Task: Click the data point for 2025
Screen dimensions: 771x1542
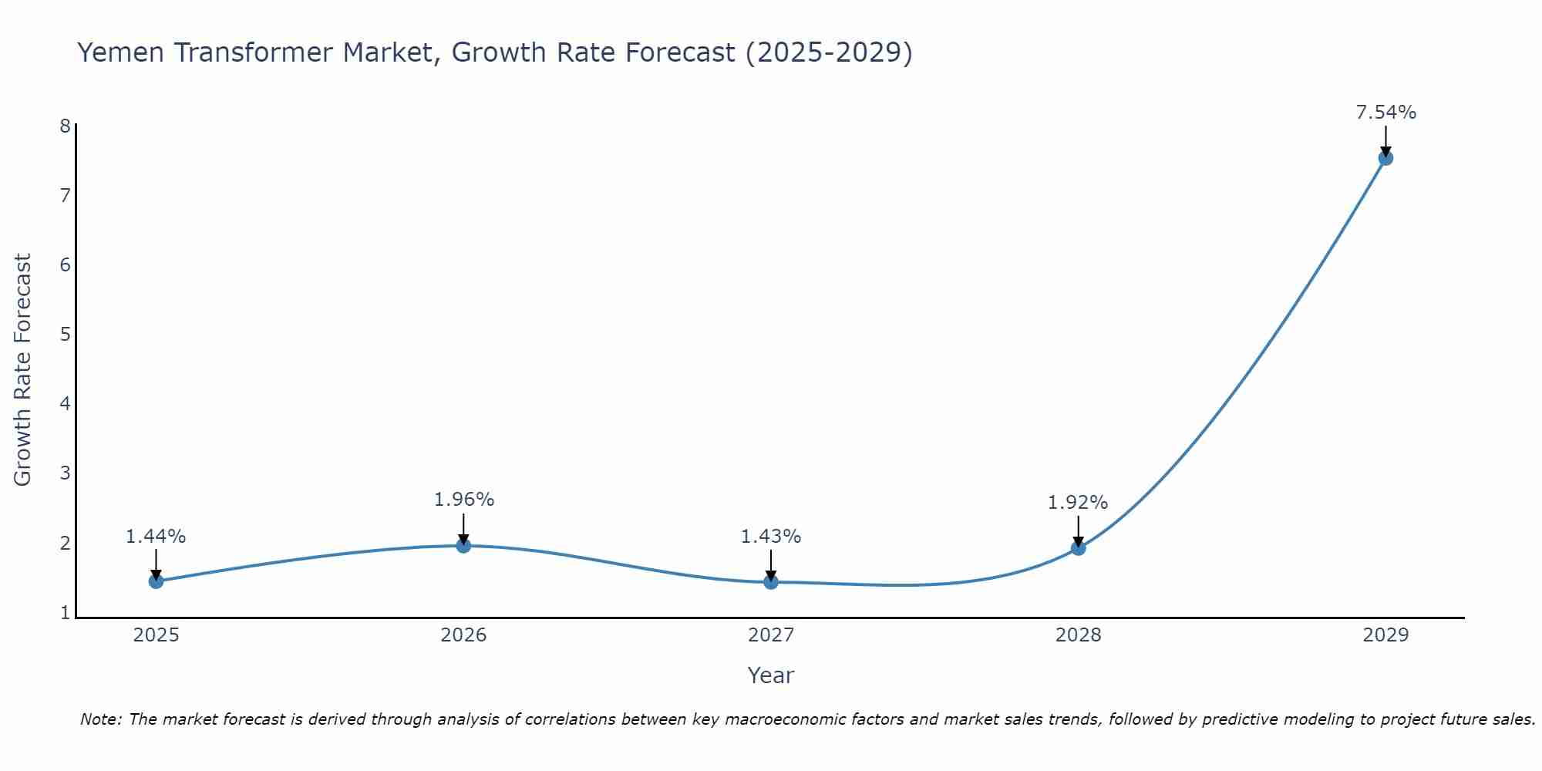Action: pos(156,581)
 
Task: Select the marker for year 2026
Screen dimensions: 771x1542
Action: pos(463,545)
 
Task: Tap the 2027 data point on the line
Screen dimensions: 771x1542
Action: pos(771,581)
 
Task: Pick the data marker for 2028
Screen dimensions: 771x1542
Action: pos(1078,548)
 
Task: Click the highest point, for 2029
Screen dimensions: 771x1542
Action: pos(1385,158)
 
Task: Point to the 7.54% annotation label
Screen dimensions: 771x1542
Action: pos(1385,113)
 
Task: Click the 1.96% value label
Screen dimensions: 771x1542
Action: pos(463,500)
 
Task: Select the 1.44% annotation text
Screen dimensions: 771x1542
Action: pos(156,537)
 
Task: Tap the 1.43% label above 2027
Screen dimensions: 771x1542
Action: pos(771,537)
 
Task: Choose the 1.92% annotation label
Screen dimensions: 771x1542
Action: pos(1077,503)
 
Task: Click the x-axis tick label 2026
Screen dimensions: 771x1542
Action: pos(463,635)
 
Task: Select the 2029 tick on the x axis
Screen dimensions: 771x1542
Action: pos(1385,635)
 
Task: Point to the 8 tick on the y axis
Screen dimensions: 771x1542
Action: pos(65,126)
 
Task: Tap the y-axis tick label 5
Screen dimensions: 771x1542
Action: pos(65,335)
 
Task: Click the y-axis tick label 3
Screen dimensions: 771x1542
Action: pos(65,473)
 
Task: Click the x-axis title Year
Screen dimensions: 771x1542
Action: pos(770,675)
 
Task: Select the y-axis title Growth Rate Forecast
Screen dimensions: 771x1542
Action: pos(23,370)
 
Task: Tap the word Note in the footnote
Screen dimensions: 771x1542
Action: pos(100,719)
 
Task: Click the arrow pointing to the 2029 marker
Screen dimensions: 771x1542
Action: pos(1385,140)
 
